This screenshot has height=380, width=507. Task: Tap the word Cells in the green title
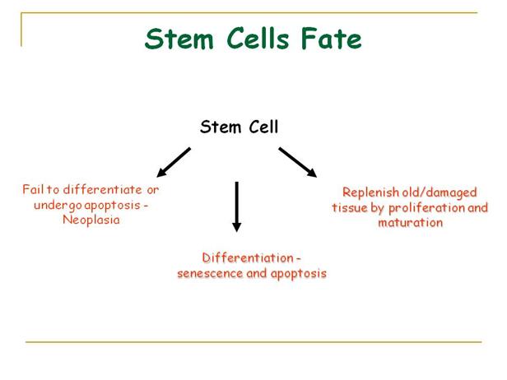point(250,39)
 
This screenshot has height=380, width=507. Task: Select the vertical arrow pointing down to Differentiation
point(237,206)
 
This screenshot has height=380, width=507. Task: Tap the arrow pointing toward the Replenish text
point(297,162)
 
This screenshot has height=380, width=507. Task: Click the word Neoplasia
point(90,220)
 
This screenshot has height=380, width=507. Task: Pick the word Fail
point(33,190)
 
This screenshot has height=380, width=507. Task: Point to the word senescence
point(209,273)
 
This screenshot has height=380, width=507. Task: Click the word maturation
point(411,222)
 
